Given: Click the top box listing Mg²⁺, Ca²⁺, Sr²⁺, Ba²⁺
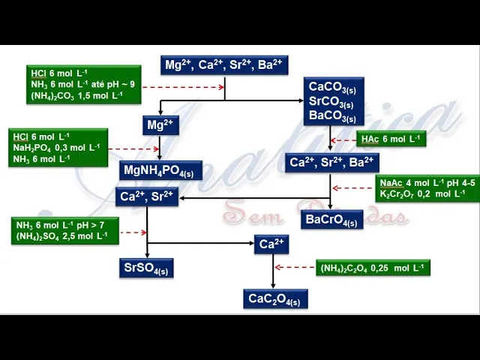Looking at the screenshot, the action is tap(224, 65).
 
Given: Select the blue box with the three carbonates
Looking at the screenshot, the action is tap(333, 101).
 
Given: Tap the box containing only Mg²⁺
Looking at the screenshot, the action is tap(160, 125).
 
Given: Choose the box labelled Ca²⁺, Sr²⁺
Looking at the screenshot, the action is tap(147, 196).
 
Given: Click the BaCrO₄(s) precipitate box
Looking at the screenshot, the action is tap(331, 220).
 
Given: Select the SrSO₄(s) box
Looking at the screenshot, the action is tap(147, 268).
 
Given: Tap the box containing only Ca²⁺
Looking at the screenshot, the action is tap(271, 244).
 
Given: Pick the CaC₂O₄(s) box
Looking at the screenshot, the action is tap(275, 299).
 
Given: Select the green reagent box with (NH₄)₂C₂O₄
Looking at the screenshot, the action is tap(373, 268).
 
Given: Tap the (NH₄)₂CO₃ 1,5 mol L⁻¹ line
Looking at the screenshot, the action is tap(76, 95).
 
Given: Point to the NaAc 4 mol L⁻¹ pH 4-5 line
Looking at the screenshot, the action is tap(427, 182).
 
